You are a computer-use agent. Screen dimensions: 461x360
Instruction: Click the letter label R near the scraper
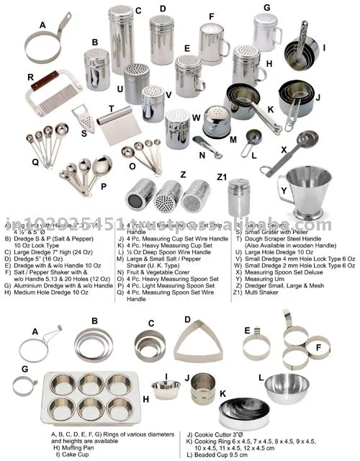[x=31, y=75]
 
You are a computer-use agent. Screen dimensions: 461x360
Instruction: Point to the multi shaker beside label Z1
[x=237, y=194]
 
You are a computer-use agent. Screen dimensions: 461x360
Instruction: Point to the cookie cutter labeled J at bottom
[x=202, y=390]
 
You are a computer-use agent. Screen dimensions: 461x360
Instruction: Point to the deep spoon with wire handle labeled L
[x=253, y=138]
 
